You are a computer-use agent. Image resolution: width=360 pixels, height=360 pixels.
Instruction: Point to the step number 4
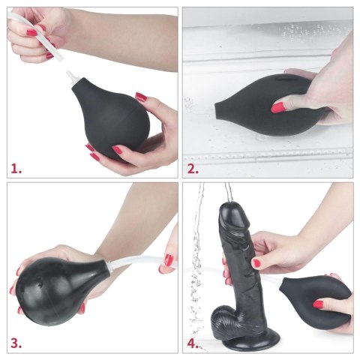193,343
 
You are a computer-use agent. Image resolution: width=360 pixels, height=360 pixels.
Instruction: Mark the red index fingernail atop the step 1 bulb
141,97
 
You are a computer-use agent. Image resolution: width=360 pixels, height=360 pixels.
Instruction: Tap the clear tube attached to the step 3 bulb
135,261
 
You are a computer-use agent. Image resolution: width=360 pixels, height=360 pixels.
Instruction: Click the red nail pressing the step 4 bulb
319,304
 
